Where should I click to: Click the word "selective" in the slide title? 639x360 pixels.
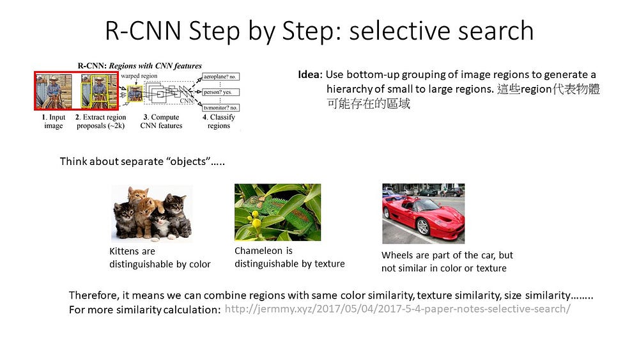tap(399, 31)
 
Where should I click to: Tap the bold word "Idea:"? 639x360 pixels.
tap(310, 75)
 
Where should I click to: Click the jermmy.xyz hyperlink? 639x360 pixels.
tap(397, 309)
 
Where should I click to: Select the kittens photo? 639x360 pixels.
tap(152, 213)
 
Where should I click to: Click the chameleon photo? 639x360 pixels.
tap(277, 212)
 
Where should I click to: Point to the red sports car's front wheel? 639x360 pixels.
tap(423, 226)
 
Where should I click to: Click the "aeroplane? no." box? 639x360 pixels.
tap(220, 77)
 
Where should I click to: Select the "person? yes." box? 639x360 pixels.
tap(220, 92)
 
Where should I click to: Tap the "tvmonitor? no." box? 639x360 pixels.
tap(220, 107)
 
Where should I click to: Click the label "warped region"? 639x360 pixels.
tap(139, 76)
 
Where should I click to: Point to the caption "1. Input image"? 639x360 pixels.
tap(54, 121)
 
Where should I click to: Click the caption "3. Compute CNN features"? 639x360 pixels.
tap(162, 121)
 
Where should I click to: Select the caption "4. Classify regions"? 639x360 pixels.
tap(219, 121)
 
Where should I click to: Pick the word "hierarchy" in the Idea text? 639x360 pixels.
tap(350, 89)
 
